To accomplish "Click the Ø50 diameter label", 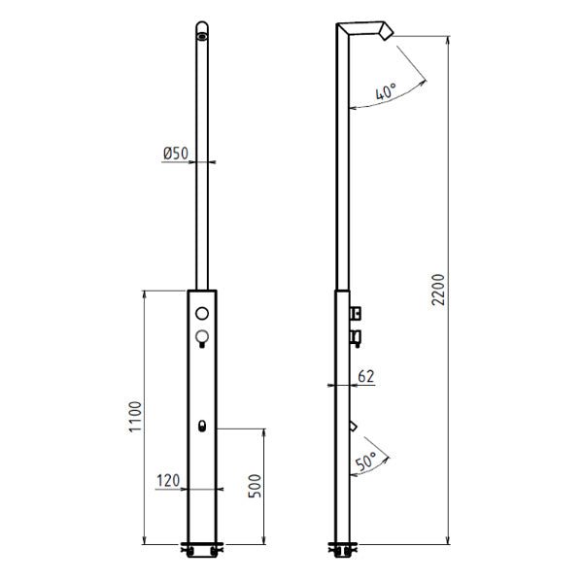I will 175,154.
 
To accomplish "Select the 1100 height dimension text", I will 135,417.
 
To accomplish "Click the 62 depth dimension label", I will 364,374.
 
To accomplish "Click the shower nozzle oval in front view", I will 201,38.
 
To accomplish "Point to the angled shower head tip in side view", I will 387,35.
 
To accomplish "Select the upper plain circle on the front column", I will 202,314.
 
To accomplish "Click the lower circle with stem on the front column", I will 202,337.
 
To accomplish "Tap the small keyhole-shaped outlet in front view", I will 202,426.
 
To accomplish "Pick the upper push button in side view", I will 356,313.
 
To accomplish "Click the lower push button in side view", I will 356,337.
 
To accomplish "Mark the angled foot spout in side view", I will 353,426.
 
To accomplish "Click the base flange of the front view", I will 201,549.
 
